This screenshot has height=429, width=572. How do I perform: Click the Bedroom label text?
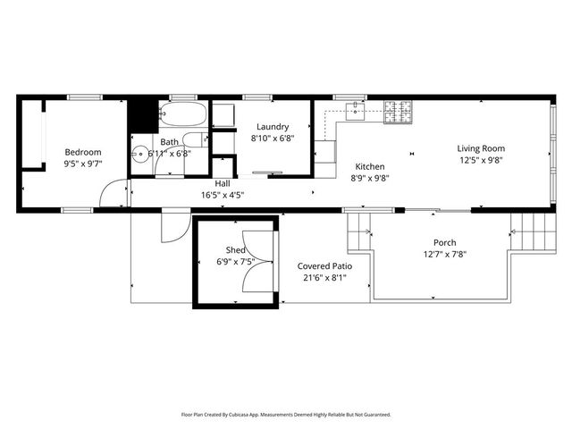point(82,152)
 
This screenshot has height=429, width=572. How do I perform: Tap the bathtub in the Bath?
point(182,114)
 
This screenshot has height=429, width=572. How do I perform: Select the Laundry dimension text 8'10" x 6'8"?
point(271,139)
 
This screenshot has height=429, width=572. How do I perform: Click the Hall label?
point(223,183)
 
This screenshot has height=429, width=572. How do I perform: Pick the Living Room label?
point(481,148)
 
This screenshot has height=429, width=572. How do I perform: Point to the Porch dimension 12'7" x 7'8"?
point(444,254)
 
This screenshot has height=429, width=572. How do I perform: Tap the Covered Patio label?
point(324,266)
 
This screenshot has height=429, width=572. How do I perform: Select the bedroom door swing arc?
point(112,194)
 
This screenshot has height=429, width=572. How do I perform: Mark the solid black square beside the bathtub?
point(141,114)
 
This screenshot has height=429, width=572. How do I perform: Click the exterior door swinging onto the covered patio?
point(172,228)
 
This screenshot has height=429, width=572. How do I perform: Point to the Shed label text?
point(235,250)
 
